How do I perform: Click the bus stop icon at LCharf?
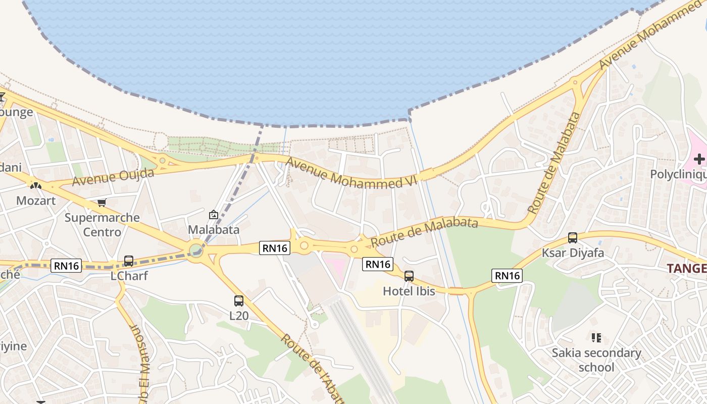(x=129, y=261)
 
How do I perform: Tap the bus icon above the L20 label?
(x=239, y=301)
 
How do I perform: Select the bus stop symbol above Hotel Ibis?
(x=409, y=276)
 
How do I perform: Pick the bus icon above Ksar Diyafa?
(x=573, y=238)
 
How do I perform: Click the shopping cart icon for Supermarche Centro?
(x=102, y=203)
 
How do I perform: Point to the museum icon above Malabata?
(x=214, y=215)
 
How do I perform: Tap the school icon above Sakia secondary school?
(x=596, y=337)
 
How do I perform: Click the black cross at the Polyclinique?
(x=699, y=160)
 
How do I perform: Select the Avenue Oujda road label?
(x=113, y=177)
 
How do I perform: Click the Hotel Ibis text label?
(x=409, y=291)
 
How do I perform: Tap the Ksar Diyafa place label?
(x=573, y=252)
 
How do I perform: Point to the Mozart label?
(x=35, y=200)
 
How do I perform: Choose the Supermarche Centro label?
(x=102, y=225)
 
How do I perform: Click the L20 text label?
(x=239, y=316)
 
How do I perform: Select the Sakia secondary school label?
(x=596, y=360)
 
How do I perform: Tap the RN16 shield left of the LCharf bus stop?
(x=66, y=265)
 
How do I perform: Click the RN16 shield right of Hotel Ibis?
(x=507, y=275)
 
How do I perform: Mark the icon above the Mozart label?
(x=35, y=186)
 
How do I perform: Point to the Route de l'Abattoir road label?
(x=313, y=369)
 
